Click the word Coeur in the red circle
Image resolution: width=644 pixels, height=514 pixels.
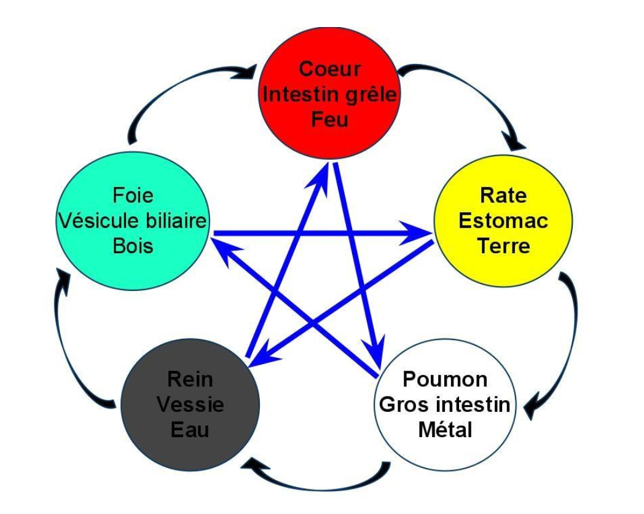click(x=329, y=69)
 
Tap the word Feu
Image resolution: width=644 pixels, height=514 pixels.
click(x=329, y=118)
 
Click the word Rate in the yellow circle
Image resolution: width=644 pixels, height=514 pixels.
click(x=503, y=196)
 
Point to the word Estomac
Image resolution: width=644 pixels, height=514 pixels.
click(x=503, y=220)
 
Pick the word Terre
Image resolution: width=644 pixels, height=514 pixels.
click(x=503, y=245)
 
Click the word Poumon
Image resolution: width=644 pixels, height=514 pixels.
click(x=444, y=379)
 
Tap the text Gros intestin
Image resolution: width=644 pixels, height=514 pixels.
click(x=444, y=405)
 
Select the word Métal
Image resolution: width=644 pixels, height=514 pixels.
click(x=444, y=429)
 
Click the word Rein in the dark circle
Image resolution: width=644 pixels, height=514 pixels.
click(x=189, y=379)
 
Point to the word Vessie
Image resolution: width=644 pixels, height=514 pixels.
click(x=189, y=405)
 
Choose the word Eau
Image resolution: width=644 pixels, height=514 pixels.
click(x=189, y=430)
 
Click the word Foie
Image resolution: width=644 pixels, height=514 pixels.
click(x=133, y=196)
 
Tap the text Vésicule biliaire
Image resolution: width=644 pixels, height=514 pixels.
click(x=133, y=221)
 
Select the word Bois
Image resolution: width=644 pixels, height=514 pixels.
click(x=133, y=245)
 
